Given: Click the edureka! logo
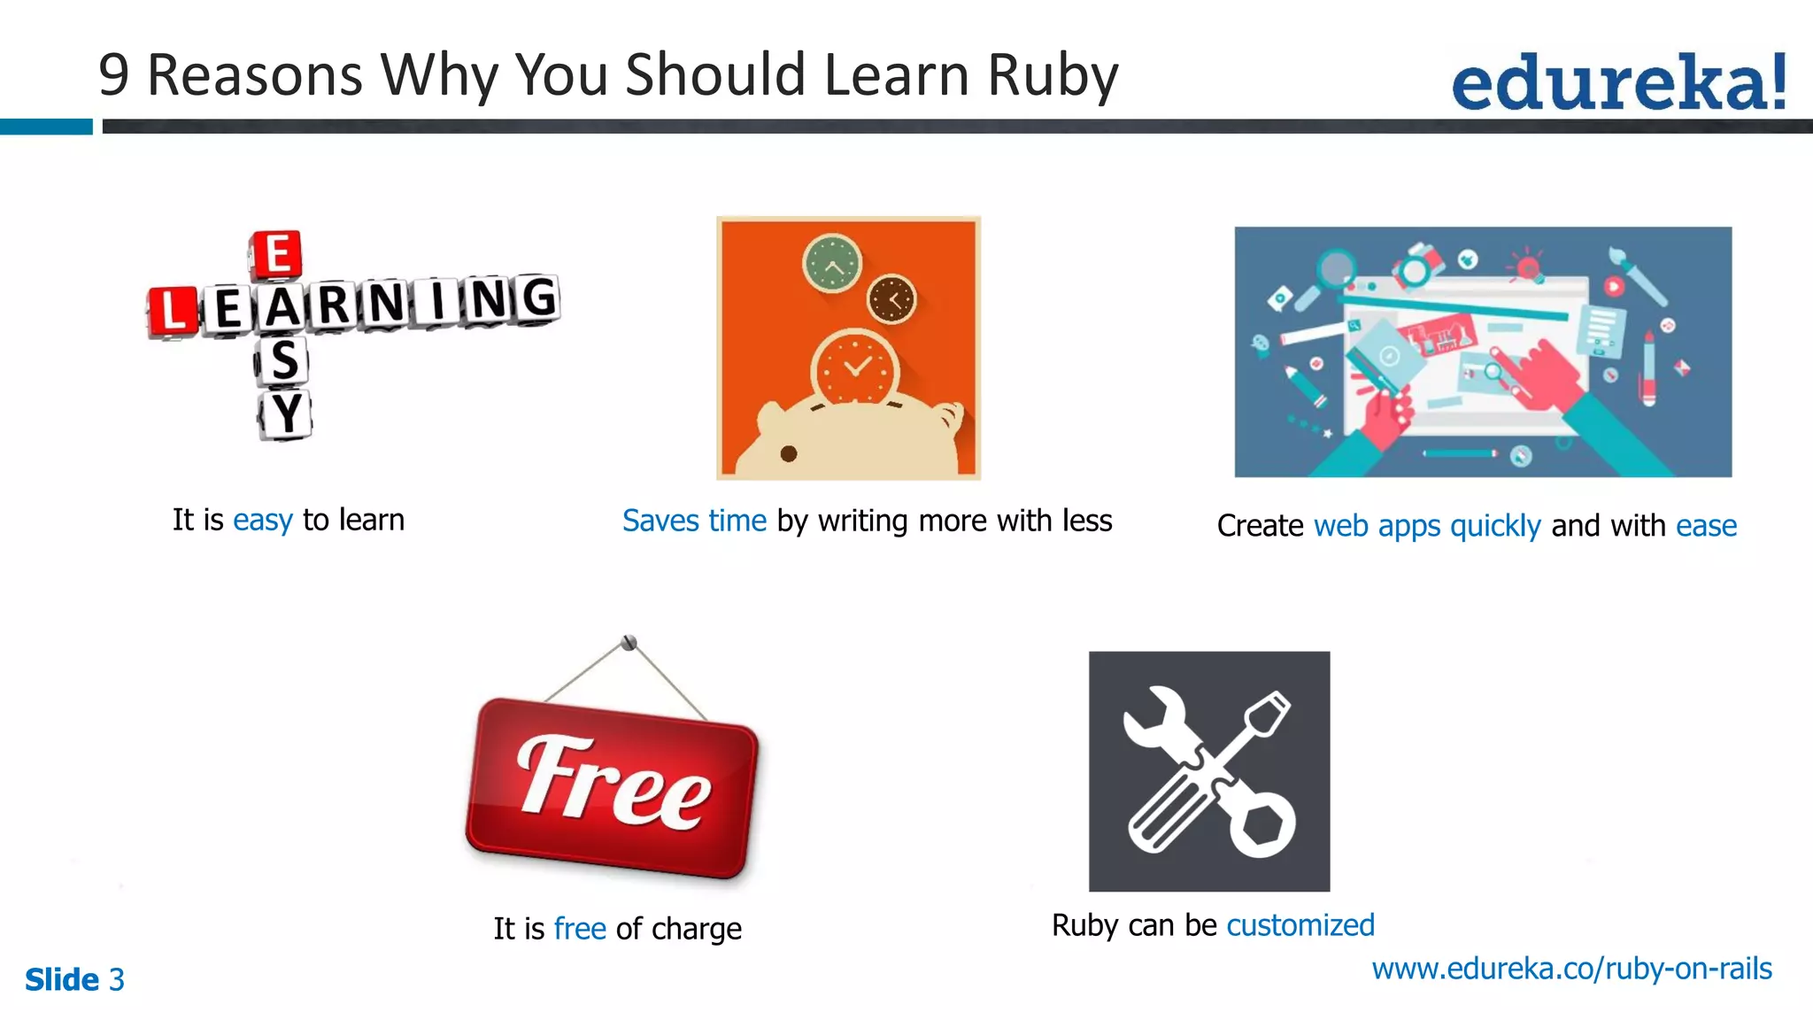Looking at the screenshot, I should point(1619,81).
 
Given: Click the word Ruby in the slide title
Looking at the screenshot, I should point(1053,75).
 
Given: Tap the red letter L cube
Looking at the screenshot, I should point(172,311).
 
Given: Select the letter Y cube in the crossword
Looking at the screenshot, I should point(285,413).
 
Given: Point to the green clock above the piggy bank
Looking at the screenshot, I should point(832,263).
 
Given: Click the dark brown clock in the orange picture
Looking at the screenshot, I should point(891,299).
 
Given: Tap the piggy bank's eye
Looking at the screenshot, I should point(789,454).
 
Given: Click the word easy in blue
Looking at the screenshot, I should point(262,520).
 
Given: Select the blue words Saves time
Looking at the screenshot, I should point(694,521).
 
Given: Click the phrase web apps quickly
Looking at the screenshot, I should point(1427,526).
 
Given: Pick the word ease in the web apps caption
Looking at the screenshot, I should point(1706,526).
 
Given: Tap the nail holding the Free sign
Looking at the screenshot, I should point(629,642).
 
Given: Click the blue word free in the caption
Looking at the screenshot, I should point(580,929).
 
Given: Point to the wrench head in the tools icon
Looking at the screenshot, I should point(1153,717).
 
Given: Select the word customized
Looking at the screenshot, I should point(1300,925).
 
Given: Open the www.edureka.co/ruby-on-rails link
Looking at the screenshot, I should point(1571,969).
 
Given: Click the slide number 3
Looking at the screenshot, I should point(117,980).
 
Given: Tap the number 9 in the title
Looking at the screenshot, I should point(114,75).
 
